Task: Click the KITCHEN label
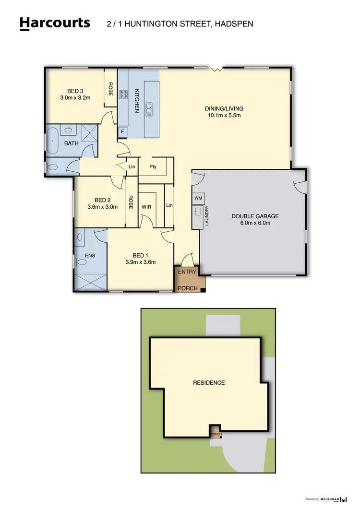tap(136, 100)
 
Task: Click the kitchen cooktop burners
tap(123, 95)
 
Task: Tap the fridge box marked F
tap(122, 130)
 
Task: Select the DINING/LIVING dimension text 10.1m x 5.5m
tap(224, 116)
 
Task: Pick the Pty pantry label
tap(153, 167)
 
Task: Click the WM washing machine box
tap(198, 198)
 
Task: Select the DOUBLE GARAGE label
tap(255, 216)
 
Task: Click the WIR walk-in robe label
tap(146, 206)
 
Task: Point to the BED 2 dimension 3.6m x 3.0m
tap(102, 207)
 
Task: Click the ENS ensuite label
tap(90, 256)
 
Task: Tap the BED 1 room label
tap(141, 255)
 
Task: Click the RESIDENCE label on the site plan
tap(209, 382)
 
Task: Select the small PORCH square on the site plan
tap(215, 431)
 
